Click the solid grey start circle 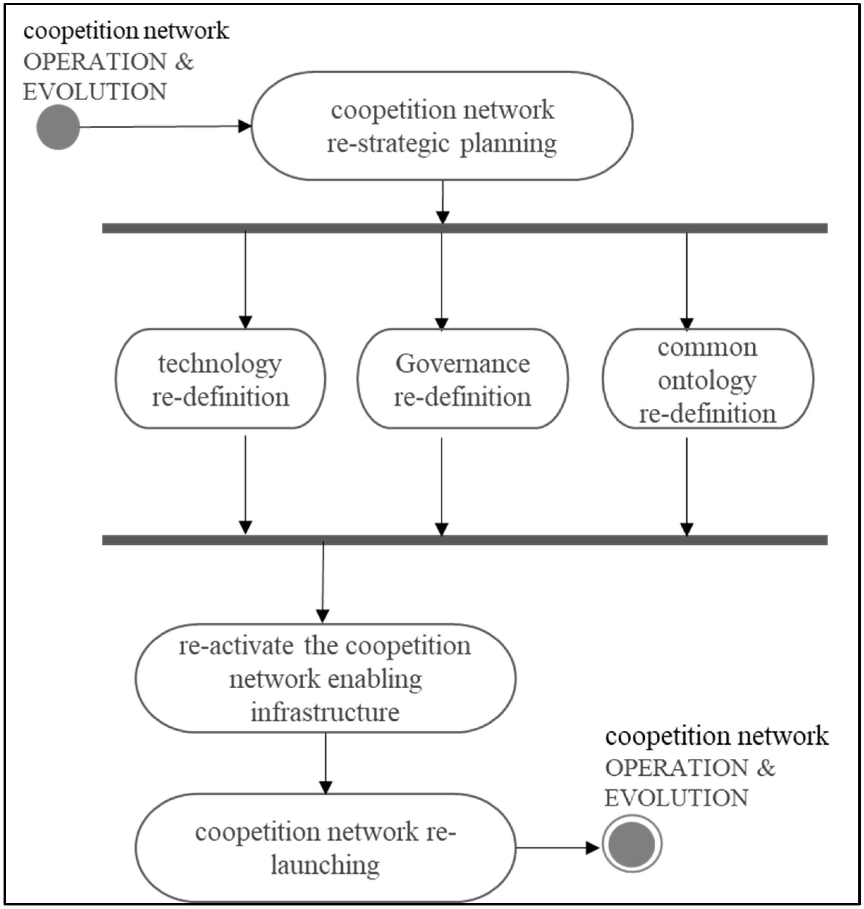click(x=58, y=127)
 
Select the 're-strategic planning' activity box click(x=442, y=126)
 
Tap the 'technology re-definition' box click(x=220, y=379)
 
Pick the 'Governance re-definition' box click(x=462, y=379)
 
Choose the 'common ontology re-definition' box click(x=707, y=379)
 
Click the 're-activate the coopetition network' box click(x=325, y=678)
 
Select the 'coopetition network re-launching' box click(x=325, y=848)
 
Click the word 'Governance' click(x=462, y=364)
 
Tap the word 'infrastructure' click(x=325, y=712)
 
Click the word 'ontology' click(x=707, y=380)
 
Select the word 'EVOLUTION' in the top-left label click(x=95, y=92)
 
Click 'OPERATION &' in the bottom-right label click(x=689, y=768)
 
